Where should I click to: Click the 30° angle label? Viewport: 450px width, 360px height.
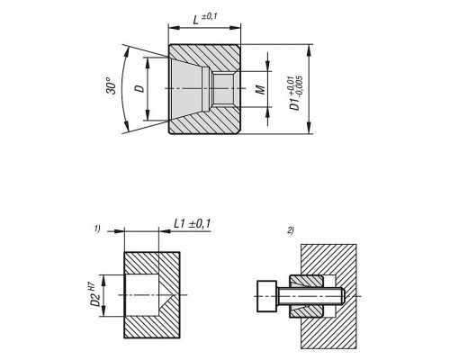pyautogui.click(x=112, y=86)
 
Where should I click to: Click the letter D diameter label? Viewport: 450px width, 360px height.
pyautogui.click(x=140, y=88)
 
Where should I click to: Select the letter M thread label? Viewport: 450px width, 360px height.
pyautogui.click(x=261, y=89)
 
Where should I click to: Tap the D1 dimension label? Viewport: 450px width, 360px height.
pyautogui.click(x=295, y=103)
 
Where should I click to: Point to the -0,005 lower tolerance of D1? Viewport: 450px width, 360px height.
pyautogui.click(x=299, y=85)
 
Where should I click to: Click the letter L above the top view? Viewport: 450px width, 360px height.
pyautogui.click(x=195, y=21)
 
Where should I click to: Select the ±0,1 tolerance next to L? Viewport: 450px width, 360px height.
pyautogui.click(x=209, y=16)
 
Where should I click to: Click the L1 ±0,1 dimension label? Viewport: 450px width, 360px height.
pyautogui.click(x=193, y=223)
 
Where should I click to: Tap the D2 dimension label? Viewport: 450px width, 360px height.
pyautogui.click(x=95, y=300)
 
